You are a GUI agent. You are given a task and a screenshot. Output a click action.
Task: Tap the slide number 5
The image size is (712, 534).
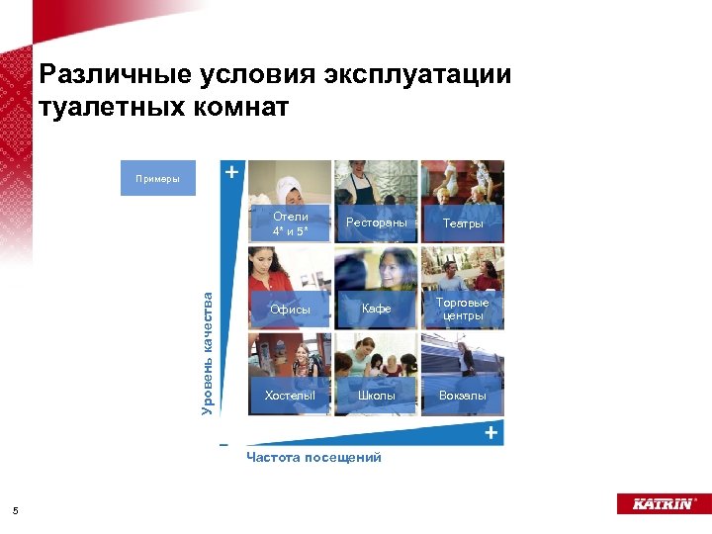point(15,510)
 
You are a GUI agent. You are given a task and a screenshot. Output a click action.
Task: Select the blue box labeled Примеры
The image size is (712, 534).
point(158,179)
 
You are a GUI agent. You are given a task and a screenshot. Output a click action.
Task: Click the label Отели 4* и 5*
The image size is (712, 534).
point(290,223)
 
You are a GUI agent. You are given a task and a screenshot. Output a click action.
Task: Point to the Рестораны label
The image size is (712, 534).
point(376,223)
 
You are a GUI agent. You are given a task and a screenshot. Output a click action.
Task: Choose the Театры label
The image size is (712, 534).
point(463,223)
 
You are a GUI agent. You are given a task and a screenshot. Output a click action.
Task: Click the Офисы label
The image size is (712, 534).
point(290,310)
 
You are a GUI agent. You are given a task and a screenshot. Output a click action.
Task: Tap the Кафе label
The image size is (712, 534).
point(376,310)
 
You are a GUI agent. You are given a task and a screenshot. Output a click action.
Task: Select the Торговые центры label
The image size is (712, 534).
point(463,310)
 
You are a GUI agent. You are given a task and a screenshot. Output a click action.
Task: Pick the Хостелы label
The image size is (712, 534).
point(290,396)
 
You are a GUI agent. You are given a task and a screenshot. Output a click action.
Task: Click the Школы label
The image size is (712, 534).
point(376,396)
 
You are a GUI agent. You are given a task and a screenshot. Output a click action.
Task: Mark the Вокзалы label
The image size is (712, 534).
point(463,396)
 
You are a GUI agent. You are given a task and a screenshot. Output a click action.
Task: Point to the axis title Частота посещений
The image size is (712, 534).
point(313,457)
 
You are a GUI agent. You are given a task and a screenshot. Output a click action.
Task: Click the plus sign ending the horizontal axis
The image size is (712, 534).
point(490,433)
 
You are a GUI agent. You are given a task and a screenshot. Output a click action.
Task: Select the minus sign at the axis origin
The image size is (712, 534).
point(224,442)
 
